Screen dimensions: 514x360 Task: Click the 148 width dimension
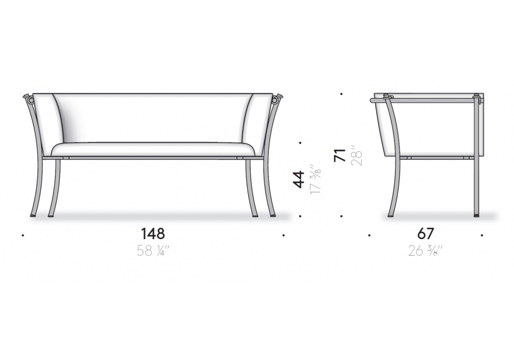(x=153, y=234)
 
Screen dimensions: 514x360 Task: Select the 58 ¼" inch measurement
(x=153, y=251)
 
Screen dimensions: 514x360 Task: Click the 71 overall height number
(x=340, y=155)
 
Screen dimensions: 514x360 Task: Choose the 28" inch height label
(x=356, y=155)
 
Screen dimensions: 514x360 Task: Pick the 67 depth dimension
(x=426, y=234)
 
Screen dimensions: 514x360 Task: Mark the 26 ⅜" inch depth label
(x=426, y=251)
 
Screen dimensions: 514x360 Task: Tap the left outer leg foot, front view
(x=34, y=215)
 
